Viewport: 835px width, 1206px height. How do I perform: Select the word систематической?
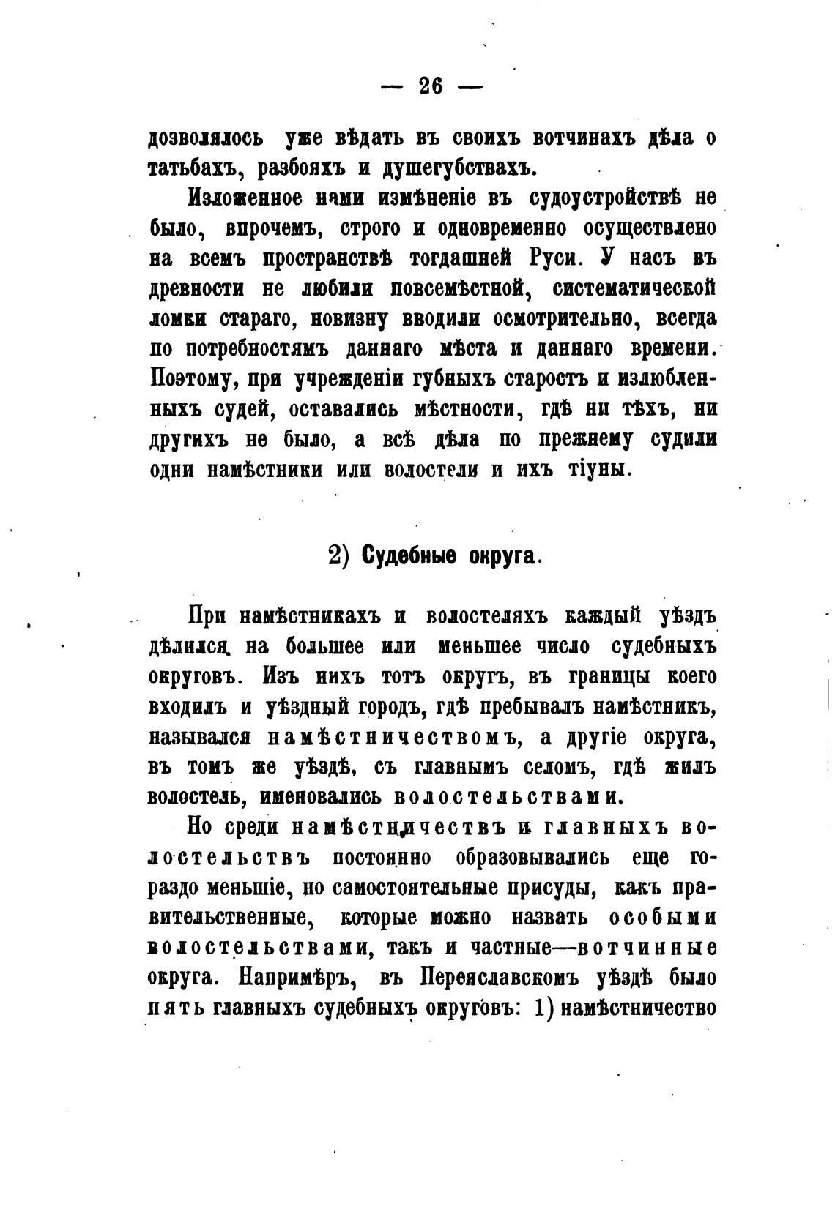point(634,288)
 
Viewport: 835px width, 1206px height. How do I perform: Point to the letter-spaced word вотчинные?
point(647,948)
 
